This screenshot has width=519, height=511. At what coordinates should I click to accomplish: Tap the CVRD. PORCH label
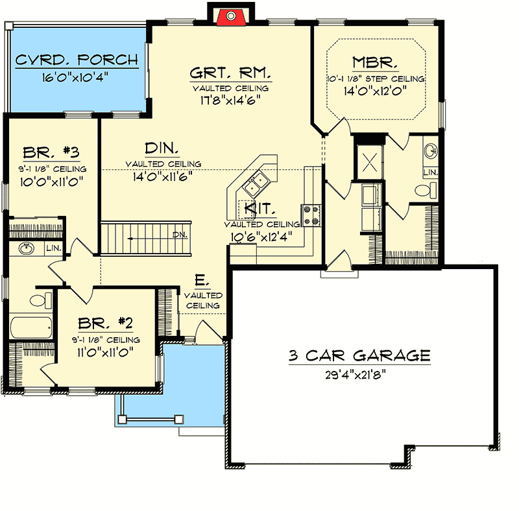(77, 60)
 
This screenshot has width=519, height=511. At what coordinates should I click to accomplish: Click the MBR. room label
(375, 62)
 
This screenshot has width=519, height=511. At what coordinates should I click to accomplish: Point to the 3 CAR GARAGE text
(359, 355)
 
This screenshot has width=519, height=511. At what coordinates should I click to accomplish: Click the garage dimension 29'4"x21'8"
(359, 374)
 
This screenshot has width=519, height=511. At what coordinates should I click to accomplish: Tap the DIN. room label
(158, 147)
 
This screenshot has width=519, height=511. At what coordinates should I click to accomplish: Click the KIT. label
(262, 209)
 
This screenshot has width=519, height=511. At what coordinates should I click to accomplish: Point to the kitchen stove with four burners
(310, 215)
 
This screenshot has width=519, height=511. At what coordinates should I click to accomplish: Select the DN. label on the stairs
(180, 235)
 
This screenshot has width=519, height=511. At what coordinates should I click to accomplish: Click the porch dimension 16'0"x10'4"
(76, 77)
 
